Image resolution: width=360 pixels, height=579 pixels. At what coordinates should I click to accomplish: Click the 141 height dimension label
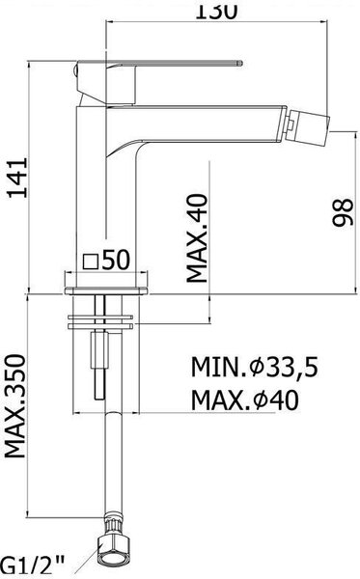[18, 178]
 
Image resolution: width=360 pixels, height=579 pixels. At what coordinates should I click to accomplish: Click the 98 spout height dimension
[343, 212]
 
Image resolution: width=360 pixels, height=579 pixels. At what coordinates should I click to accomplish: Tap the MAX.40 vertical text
[197, 238]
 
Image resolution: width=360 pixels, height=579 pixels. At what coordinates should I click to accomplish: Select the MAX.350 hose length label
[14, 406]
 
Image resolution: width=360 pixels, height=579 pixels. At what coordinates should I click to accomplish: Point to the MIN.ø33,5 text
[254, 367]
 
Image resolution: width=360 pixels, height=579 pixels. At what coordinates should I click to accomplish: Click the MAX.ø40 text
[245, 400]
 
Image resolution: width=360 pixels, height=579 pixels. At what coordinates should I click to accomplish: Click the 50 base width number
[116, 259]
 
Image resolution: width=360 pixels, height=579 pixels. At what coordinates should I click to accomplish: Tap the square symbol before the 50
[91, 262]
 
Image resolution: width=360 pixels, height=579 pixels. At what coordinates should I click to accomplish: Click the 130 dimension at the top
[216, 11]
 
